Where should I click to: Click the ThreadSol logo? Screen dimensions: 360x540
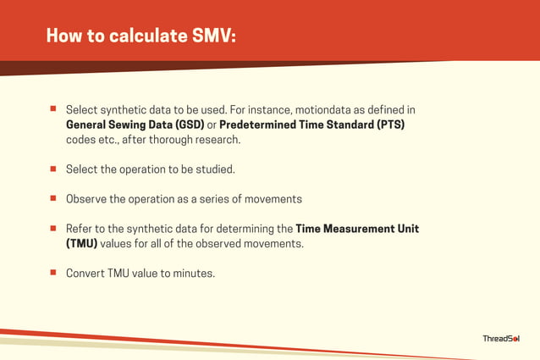click(501, 339)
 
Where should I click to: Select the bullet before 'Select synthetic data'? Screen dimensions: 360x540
click(52, 109)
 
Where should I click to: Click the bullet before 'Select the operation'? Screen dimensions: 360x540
click(52, 169)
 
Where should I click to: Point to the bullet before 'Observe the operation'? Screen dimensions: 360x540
click(52, 199)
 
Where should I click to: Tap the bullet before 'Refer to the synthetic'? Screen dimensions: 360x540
click(52, 229)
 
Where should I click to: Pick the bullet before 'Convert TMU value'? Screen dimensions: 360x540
click(52, 273)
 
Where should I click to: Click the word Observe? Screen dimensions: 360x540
click(86, 199)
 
